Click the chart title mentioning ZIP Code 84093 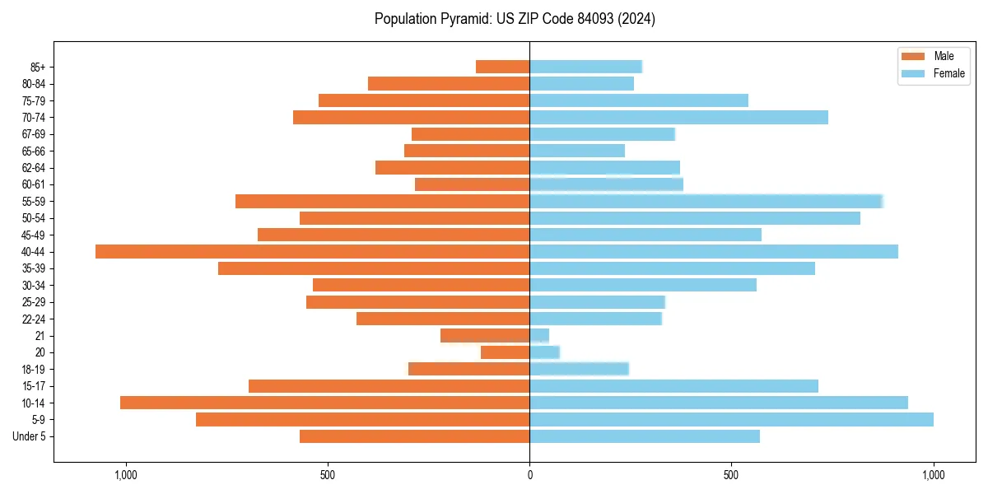(x=515, y=19)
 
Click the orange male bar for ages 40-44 (x=312, y=251)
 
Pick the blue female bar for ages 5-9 (x=731, y=419)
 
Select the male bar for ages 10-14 (x=324, y=403)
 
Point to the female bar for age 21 (x=539, y=335)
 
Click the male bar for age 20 (x=505, y=352)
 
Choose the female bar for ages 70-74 (x=678, y=117)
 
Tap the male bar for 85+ (x=502, y=67)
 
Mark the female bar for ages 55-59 (x=706, y=201)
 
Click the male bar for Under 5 (x=414, y=436)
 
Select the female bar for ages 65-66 (x=577, y=151)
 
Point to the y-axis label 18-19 (x=34, y=369)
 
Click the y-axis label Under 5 (x=29, y=436)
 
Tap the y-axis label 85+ (x=37, y=67)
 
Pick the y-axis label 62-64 (x=34, y=167)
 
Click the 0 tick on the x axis (x=529, y=475)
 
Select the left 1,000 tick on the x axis (x=125, y=475)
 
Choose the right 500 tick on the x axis (x=731, y=475)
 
